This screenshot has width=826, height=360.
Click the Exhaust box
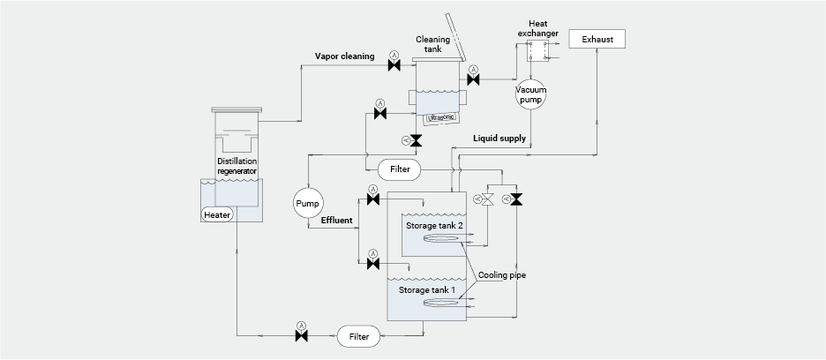pos(597,39)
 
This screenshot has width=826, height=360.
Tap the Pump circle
pos(307,204)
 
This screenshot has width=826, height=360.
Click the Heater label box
pos(217,215)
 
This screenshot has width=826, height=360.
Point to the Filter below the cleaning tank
pos(398,168)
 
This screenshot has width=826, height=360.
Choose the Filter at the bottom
pos(358,336)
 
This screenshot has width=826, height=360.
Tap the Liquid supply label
pos(499,139)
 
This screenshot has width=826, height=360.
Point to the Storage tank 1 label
pos(429,289)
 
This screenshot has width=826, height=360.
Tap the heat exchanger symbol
pos(537,50)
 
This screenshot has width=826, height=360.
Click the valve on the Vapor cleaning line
pos(394,67)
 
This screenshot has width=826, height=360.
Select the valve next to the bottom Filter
pos(301,336)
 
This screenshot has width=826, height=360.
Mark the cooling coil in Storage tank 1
pos(445,304)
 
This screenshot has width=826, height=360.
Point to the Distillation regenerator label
pos(237,167)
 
